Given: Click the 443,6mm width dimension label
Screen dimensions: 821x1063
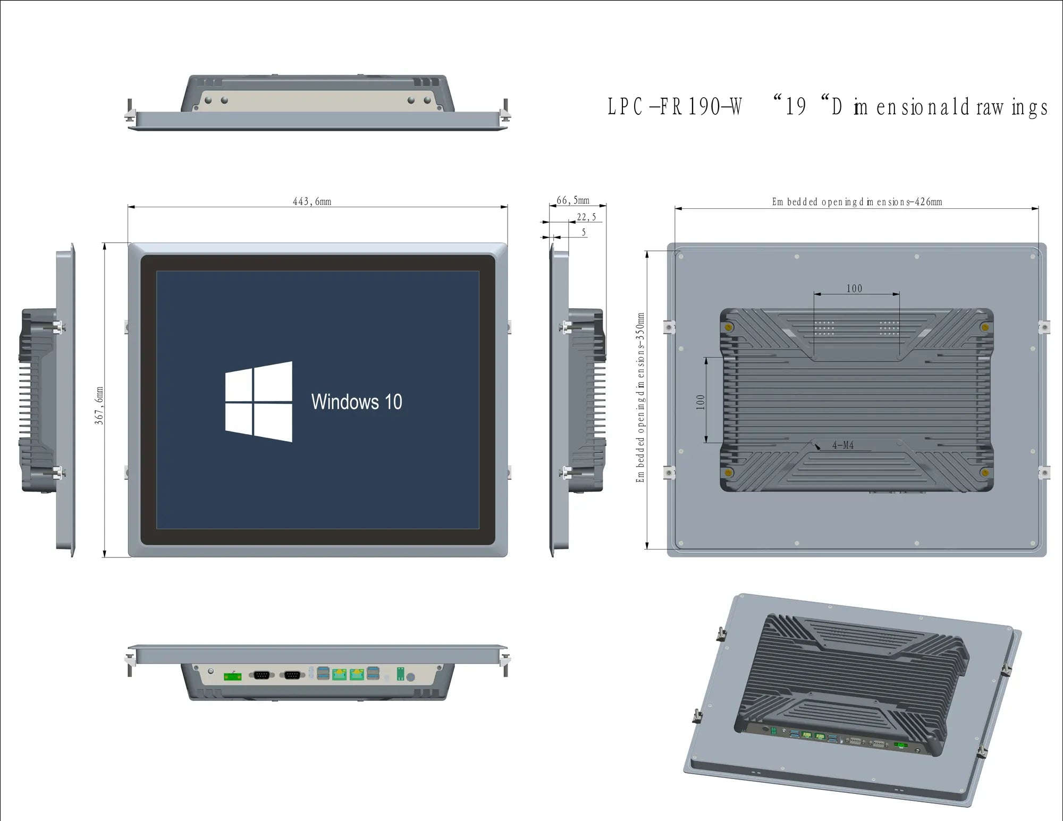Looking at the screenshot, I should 312,201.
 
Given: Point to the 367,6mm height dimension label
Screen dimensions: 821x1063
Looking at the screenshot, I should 99,405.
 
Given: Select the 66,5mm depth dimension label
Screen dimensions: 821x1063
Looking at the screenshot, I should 573,200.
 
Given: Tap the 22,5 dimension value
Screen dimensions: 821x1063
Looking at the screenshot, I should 586,217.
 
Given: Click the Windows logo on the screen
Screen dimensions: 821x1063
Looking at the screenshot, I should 259,401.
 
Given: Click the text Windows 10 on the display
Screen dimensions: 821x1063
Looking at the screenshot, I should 357,402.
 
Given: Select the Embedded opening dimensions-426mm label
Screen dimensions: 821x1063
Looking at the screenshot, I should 857,202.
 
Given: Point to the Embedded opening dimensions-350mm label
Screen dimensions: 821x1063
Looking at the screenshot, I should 640,397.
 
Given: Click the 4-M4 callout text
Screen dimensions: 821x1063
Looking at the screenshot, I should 843,445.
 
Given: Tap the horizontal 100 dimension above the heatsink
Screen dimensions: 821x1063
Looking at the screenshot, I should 854,289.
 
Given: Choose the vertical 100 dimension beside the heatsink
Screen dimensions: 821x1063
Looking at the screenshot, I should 701,402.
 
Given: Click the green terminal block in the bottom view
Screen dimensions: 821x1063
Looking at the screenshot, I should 232,676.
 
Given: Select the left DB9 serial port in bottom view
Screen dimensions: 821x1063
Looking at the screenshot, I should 261,675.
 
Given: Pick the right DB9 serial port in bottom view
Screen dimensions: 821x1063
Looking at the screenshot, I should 292,675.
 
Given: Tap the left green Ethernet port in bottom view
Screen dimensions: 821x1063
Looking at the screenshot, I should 339,674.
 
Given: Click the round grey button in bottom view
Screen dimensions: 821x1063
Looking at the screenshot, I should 410,677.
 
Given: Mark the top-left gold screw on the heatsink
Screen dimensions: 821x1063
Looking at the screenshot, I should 729,327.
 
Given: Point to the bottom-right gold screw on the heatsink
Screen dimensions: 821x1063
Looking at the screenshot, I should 984,472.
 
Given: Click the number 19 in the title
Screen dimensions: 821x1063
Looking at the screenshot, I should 796,106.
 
